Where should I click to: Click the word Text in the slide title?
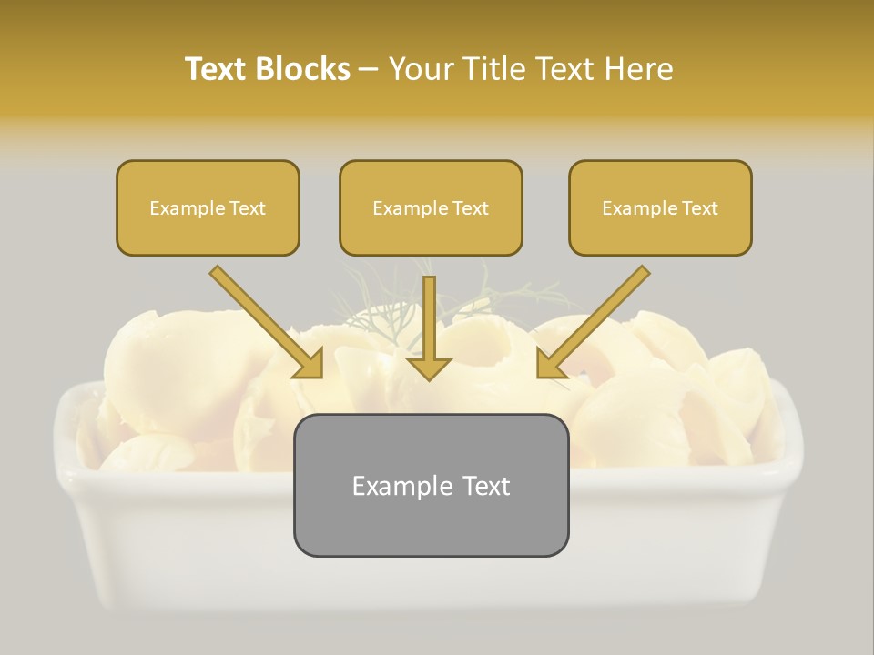[x=216, y=69]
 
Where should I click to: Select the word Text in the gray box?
[x=483, y=486]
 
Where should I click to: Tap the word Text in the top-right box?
[x=699, y=208]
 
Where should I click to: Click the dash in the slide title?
[x=369, y=70]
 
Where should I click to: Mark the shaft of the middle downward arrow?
[x=429, y=314]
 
